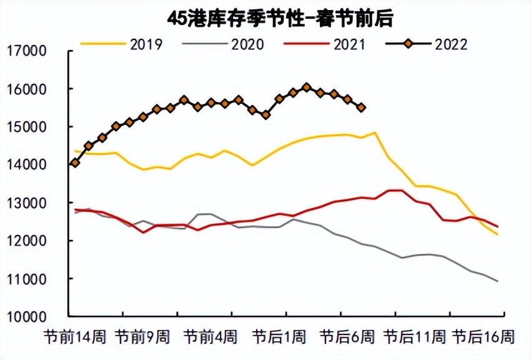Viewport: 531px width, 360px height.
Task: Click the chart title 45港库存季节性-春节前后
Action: pyautogui.click(x=280, y=18)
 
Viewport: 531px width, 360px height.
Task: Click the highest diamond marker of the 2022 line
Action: pyautogui.click(x=306, y=87)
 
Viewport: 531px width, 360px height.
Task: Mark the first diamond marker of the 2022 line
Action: pyautogui.click(x=75, y=162)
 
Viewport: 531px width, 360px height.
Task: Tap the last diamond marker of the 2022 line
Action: pyautogui.click(x=361, y=107)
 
